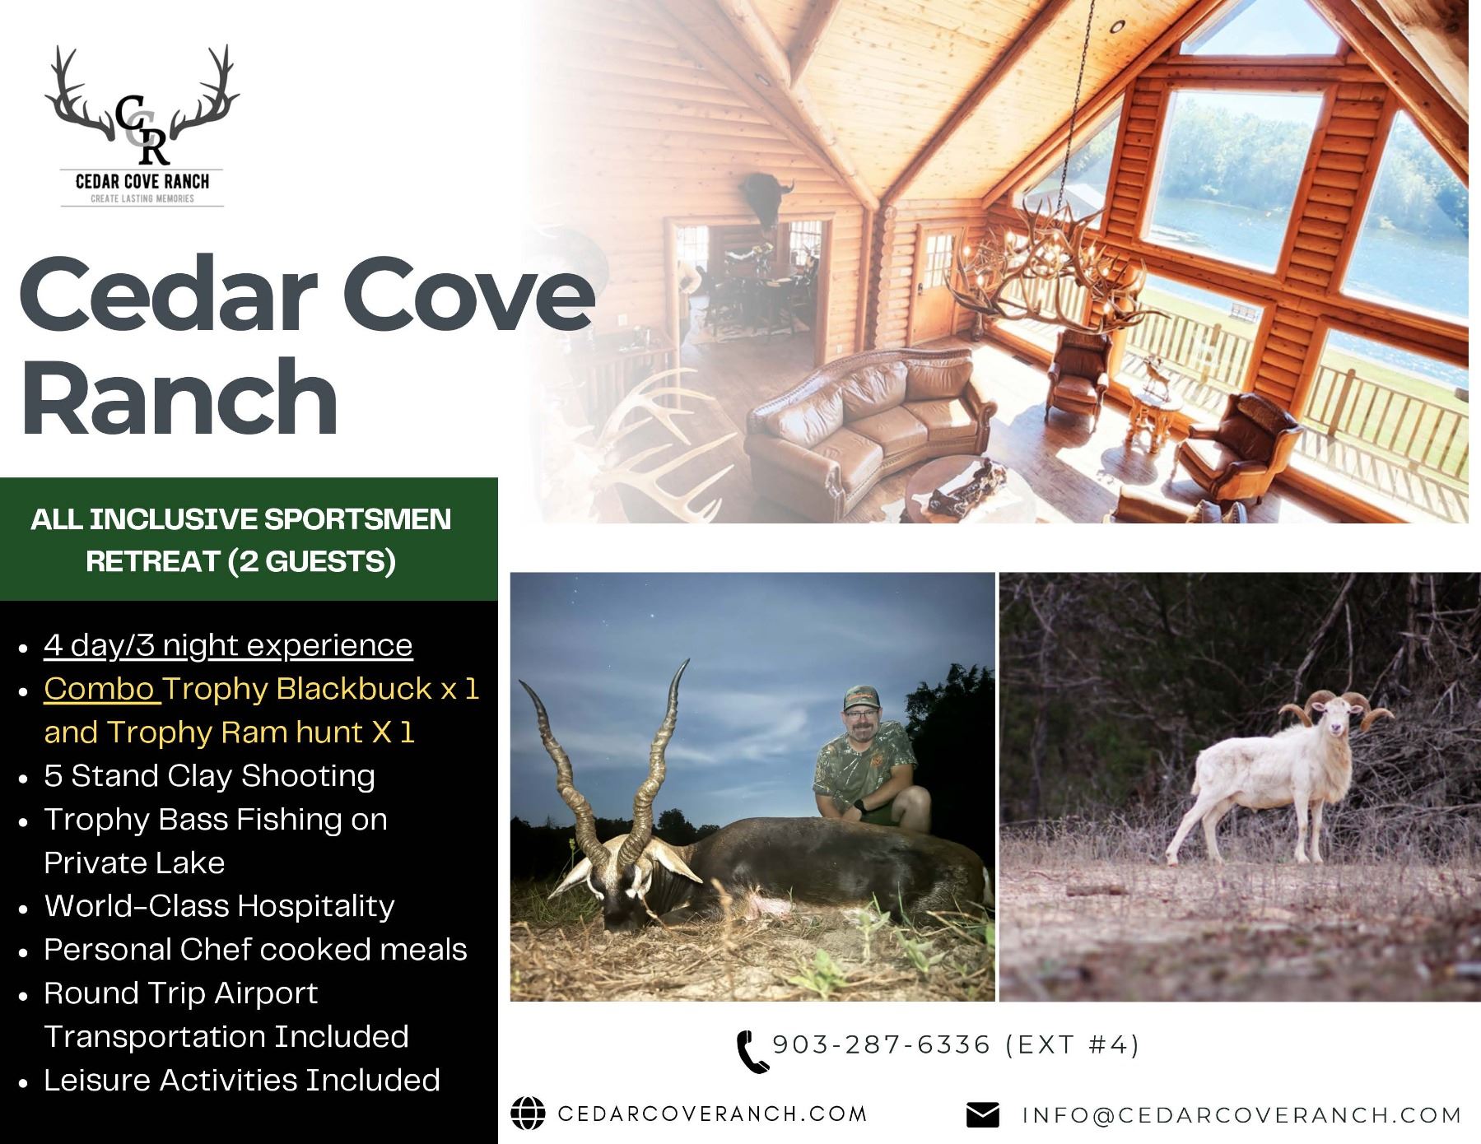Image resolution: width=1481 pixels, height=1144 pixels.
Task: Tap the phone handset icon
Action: click(752, 1051)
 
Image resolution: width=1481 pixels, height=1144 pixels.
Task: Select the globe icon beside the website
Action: click(528, 1114)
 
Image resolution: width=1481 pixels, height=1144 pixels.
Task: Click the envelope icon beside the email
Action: click(982, 1115)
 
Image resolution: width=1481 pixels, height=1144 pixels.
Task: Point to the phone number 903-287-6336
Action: click(882, 1044)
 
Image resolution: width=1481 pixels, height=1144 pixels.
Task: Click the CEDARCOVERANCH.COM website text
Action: click(713, 1114)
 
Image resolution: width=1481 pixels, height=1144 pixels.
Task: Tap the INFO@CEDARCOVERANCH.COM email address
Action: click(1242, 1115)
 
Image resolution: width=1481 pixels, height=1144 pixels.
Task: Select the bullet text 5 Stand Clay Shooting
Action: click(209, 775)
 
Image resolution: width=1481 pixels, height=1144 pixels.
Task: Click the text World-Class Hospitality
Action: click(219, 905)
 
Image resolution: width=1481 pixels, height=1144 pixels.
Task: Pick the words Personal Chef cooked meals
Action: click(255, 949)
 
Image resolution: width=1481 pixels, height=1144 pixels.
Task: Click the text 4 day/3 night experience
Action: click(228, 646)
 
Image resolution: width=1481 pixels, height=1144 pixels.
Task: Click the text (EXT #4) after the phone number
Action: click(1073, 1045)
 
